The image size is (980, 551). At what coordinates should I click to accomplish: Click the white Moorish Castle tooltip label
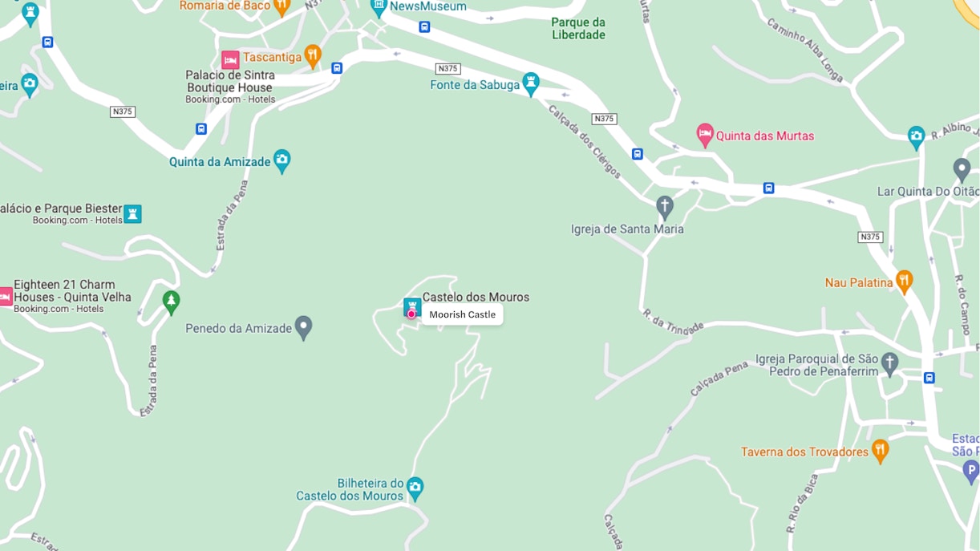(x=463, y=314)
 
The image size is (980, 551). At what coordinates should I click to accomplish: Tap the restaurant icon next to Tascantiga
(x=313, y=55)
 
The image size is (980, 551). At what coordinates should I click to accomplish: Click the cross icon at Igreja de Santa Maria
(x=665, y=206)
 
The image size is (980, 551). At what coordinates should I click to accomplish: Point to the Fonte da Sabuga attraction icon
(x=530, y=83)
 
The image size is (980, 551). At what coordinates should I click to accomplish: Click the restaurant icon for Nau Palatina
(x=904, y=281)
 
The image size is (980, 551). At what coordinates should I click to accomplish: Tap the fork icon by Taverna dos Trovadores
(x=880, y=450)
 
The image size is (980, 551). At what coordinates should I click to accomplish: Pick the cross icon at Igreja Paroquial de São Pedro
(x=889, y=363)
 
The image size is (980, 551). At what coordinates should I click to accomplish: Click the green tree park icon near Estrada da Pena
(x=170, y=302)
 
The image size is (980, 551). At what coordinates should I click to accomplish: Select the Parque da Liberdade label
(x=578, y=28)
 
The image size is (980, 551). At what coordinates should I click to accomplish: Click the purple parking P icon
(x=970, y=471)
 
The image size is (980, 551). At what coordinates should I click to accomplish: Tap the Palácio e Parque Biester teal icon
(x=132, y=213)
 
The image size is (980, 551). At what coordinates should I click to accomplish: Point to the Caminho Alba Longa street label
(x=804, y=50)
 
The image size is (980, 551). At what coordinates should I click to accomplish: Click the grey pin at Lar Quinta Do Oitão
(x=962, y=169)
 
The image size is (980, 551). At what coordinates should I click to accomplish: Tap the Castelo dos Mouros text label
(x=476, y=297)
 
